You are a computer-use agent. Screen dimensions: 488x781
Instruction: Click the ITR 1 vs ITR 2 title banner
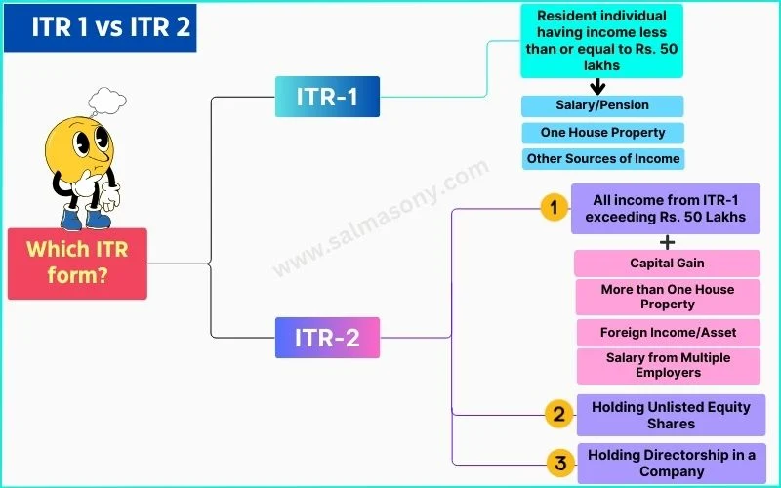(x=99, y=27)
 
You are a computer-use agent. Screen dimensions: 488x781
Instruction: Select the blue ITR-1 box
(x=327, y=97)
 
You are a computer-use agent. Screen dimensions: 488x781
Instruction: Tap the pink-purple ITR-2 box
(x=327, y=338)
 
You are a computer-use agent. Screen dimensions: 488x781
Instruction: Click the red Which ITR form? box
(x=77, y=263)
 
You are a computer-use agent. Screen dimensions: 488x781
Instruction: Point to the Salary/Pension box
(x=602, y=105)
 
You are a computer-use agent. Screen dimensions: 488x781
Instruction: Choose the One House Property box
(x=602, y=132)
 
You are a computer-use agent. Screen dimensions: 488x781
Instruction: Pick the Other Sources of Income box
(x=602, y=158)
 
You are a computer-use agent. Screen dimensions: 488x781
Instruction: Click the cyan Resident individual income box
(x=602, y=41)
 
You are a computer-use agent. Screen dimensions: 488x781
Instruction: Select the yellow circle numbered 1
(x=554, y=207)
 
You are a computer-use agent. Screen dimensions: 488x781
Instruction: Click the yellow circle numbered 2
(x=557, y=415)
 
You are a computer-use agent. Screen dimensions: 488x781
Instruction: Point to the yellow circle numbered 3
(x=559, y=464)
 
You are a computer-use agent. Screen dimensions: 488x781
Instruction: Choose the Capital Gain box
(x=667, y=263)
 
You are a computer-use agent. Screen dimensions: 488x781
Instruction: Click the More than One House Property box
(x=667, y=297)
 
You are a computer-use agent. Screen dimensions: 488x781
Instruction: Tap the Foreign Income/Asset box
(x=668, y=333)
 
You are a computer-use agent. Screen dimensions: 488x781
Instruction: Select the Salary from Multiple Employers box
(x=668, y=366)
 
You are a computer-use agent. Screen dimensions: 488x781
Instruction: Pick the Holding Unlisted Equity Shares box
(x=671, y=415)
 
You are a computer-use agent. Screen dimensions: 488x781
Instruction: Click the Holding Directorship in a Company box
(x=672, y=464)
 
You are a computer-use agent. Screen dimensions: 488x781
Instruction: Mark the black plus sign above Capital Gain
(x=668, y=241)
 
